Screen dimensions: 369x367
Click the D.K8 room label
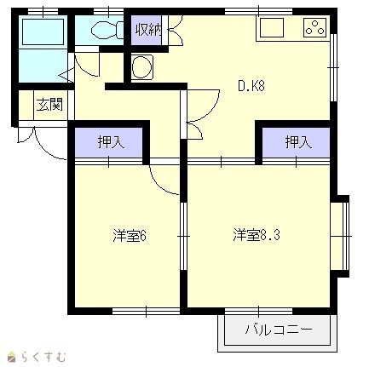pos(251,85)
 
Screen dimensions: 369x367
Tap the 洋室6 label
pos(130,236)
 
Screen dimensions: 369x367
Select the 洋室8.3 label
pos(257,235)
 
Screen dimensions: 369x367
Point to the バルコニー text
pos(279,330)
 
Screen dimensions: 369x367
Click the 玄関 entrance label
pos(49,105)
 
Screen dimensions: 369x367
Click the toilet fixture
pos(107,30)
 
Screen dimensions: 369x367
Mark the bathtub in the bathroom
pos(43,32)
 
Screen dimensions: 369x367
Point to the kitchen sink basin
pos(272,27)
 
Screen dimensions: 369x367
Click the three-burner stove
pos(314,27)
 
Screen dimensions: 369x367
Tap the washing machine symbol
pos(142,66)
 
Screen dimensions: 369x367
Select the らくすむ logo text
pos(43,357)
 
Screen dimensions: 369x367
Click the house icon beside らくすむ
pos(12,357)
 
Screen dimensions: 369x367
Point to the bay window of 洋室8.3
pos(340,236)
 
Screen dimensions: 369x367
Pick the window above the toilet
pos(108,12)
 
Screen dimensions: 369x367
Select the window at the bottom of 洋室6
pos(146,311)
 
